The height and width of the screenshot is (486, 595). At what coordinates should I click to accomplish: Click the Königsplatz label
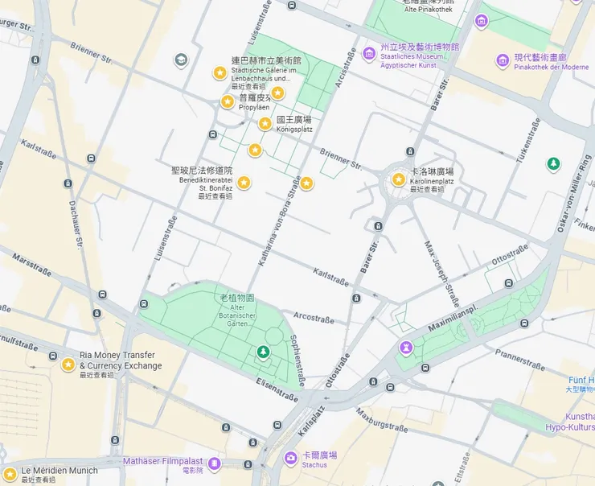(x=293, y=124)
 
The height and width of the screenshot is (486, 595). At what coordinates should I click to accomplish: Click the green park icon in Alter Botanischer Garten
(x=262, y=352)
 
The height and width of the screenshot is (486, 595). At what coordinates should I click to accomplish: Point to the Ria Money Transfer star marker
(x=68, y=364)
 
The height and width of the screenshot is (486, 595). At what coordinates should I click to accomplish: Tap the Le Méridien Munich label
(x=59, y=471)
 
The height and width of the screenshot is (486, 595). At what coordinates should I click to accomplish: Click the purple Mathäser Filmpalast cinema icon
(x=214, y=463)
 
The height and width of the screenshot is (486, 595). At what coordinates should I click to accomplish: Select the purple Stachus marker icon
(x=290, y=458)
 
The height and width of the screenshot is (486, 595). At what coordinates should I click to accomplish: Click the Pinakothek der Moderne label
(x=552, y=63)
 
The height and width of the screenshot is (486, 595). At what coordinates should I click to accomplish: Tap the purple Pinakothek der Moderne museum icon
(x=503, y=58)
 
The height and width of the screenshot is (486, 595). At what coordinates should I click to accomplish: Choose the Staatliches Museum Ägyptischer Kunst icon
(x=368, y=53)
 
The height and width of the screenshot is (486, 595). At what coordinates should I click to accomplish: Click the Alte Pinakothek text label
(x=428, y=9)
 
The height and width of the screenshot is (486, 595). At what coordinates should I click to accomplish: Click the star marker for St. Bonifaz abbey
(x=243, y=183)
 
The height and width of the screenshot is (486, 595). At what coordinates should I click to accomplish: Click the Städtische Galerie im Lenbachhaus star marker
(x=219, y=73)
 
